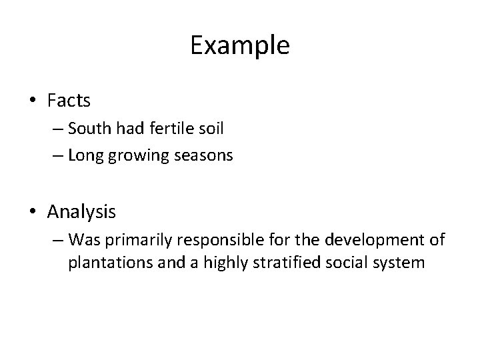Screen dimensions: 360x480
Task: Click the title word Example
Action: tap(239, 46)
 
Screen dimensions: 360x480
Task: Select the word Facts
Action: tap(69, 101)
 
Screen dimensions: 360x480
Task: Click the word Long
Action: tap(85, 157)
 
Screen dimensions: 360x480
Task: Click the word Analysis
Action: tap(81, 213)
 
